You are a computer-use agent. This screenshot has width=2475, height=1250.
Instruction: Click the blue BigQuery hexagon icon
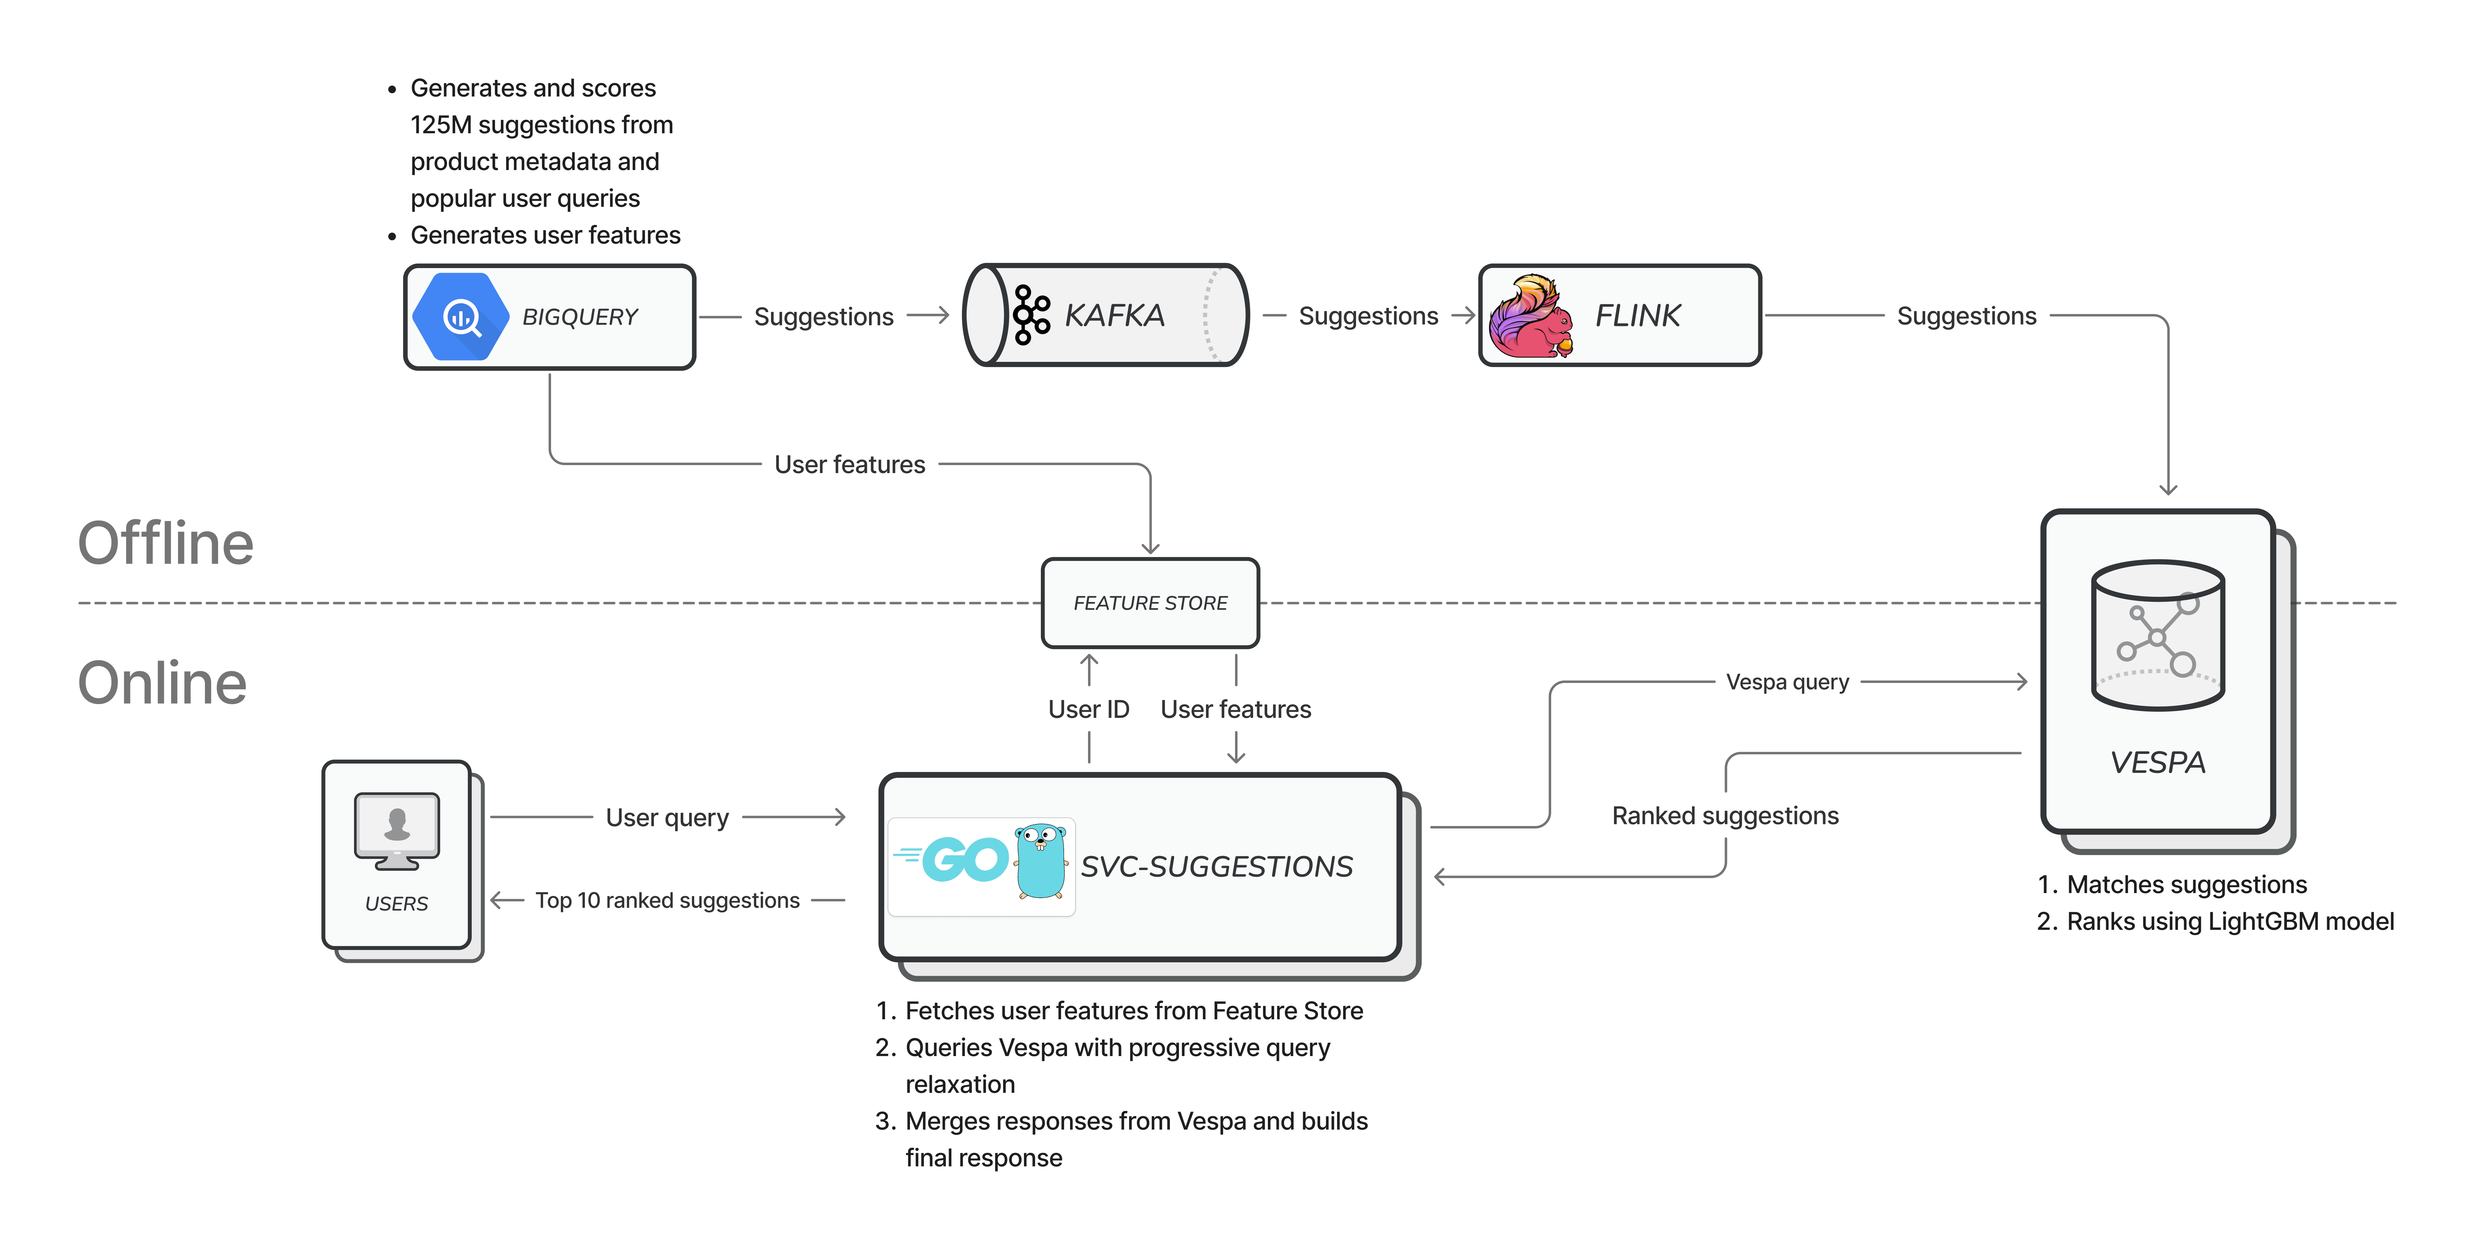pyautogui.click(x=460, y=316)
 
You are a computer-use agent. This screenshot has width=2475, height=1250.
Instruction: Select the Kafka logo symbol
pyautogui.click(x=1031, y=314)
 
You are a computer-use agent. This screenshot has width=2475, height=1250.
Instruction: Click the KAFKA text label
pyautogui.click(x=1115, y=315)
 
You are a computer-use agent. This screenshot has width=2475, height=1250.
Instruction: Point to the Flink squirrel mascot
pyautogui.click(x=1531, y=316)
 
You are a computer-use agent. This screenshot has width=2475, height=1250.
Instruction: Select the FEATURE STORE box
pyautogui.click(x=1150, y=602)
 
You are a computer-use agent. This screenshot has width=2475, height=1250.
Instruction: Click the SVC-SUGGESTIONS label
pyautogui.click(x=1216, y=867)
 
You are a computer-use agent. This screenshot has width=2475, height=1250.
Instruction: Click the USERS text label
pyautogui.click(x=397, y=903)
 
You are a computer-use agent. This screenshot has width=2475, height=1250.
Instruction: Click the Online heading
pyautogui.click(x=162, y=683)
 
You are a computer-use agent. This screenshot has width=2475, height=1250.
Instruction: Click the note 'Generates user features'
pyautogui.click(x=545, y=235)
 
